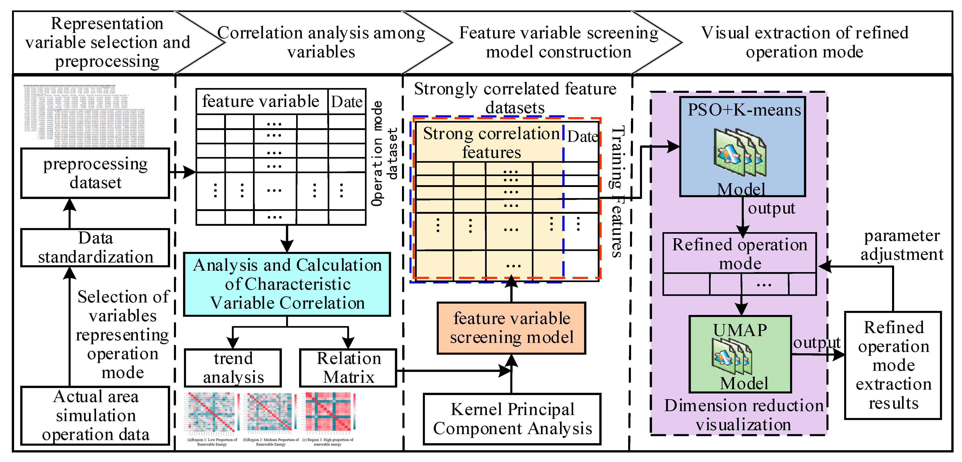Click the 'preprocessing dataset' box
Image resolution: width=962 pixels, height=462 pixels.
(95, 173)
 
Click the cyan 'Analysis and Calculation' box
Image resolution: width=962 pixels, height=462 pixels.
(287, 284)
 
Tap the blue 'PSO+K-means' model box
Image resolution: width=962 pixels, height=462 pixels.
(742, 147)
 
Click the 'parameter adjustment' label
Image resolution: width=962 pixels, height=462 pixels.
(902, 245)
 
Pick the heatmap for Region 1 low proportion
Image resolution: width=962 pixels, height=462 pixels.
(212, 412)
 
